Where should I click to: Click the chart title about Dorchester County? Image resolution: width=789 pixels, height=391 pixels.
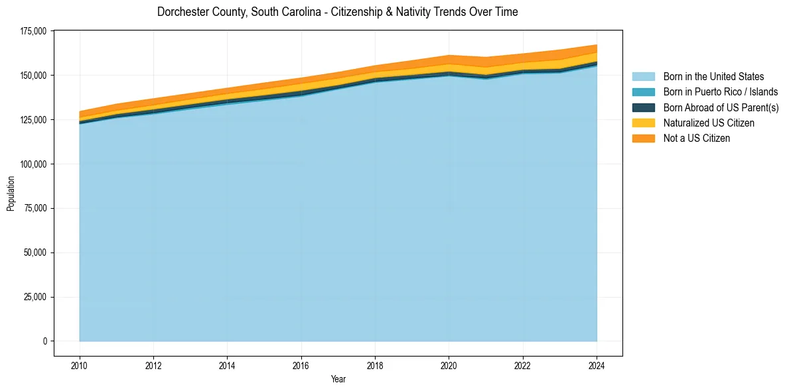click(x=337, y=12)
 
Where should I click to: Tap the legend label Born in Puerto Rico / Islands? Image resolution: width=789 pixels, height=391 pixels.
click(x=721, y=92)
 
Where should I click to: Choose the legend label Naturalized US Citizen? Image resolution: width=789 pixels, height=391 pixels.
click(x=709, y=123)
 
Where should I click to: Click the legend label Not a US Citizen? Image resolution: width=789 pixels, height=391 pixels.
click(x=697, y=139)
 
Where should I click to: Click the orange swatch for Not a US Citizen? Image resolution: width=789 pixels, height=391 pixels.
click(x=643, y=139)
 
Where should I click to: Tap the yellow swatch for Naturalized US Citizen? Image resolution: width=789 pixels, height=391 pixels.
click(x=643, y=123)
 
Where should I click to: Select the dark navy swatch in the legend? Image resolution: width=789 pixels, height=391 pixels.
click(x=643, y=107)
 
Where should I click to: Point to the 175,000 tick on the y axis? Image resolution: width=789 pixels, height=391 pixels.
click(x=33, y=31)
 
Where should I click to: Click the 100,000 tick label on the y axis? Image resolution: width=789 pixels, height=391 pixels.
click(x=33, y=164)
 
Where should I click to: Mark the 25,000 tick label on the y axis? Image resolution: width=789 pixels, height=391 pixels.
click(x=35, y=297)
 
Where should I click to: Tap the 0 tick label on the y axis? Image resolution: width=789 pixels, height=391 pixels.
click(x=45, y=341)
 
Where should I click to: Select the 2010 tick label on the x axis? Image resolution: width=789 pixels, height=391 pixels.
click(x=80, y=364)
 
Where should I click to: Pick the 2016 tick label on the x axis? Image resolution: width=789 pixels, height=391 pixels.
click(x=301, y=364)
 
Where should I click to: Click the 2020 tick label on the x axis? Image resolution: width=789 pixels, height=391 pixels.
click(x=449, y=364)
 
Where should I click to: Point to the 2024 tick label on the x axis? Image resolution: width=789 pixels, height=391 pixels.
click(x=597, y=364)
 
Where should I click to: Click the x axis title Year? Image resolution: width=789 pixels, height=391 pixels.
click(x=338, y=380)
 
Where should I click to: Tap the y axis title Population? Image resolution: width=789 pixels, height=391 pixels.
click(x=11, y=194)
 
